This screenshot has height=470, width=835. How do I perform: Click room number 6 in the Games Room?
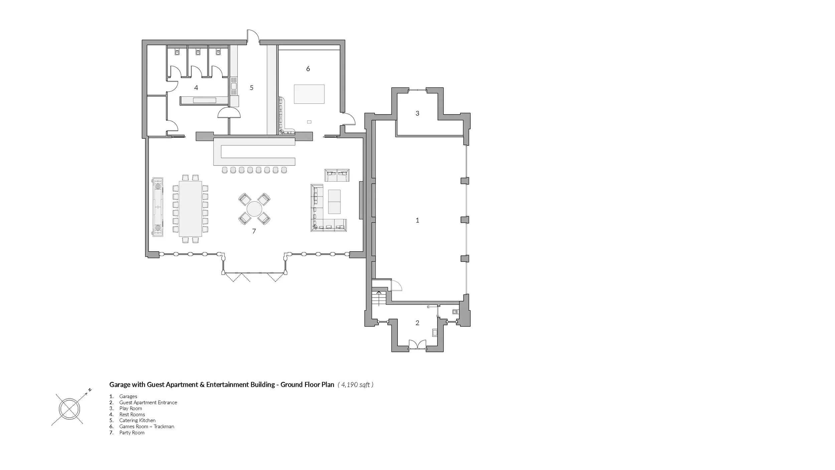tap(308, 69)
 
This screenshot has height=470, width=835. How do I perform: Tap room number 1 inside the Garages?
tap(417, 220)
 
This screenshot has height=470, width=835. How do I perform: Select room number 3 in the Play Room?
tap(417, 113)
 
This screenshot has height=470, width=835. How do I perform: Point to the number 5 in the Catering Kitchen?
tap(252, 88)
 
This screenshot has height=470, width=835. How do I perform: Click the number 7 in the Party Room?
tap(254, 231)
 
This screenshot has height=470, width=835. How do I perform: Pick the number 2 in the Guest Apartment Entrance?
tap(417, 323)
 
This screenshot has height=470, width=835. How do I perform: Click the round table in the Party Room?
tap(255, 209)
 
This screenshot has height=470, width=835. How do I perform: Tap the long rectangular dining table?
tap(190, 208)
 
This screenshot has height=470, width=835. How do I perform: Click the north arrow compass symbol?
tap(70, 408)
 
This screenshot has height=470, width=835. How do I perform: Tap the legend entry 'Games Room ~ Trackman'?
tap(147, 427)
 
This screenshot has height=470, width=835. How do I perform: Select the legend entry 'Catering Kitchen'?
tap(137, 421)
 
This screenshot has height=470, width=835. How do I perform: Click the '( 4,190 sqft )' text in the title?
tap(355, 385)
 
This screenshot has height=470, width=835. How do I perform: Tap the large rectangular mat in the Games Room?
tap(309, 94)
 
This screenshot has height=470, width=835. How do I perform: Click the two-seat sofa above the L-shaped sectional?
tap(337, 175)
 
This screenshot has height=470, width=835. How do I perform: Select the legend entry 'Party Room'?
tap(132, 433)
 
